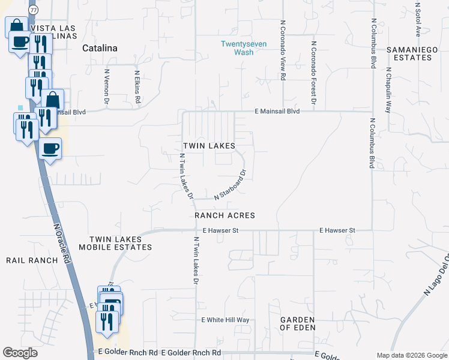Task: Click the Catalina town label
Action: tap(99, 47)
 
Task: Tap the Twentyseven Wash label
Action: tap(240, 47)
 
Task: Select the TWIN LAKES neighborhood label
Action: tap(208, 146)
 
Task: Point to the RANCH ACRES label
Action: tap(224, 215)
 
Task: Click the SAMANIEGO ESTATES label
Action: tap(409, 53)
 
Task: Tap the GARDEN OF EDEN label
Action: tap(298, 323)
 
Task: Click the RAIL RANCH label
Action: tap(32, 260)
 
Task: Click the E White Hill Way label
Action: tap(225, 320)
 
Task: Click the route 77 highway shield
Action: tap(34, 10)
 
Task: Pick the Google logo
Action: tap(20, 353)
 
